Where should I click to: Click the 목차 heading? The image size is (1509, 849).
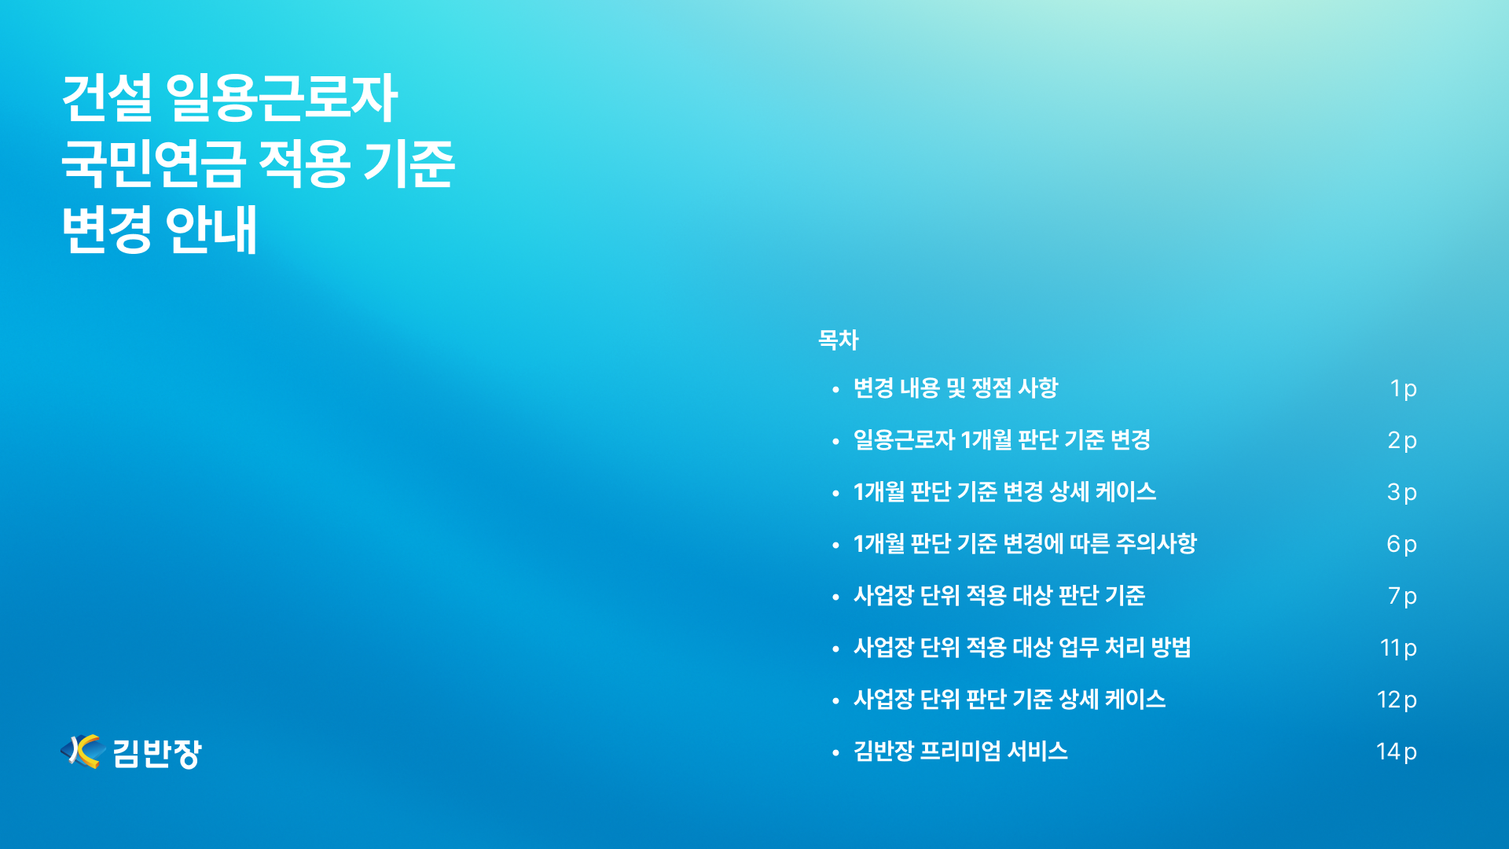[x=838, y=340]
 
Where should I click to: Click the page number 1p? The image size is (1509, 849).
[x=1403, y=388]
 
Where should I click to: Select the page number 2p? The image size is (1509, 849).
[x=1402, y=440]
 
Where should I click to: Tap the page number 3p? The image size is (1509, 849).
[x=1402, y=492]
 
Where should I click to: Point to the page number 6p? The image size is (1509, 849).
[x=1402, y=544]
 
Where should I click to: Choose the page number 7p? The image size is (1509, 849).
[x=1402, y=596]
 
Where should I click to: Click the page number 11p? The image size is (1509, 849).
[x=1398, y=648]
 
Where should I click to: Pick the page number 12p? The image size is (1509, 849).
[x=1397, y=700]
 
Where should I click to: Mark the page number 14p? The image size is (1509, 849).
[x=1397, y=752]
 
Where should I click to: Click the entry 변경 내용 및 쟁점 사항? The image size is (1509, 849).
[x=956, y=388]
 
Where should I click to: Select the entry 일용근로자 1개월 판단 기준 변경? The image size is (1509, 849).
[x=1002, y=439]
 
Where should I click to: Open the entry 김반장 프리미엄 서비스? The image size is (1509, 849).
[x=960, y=751]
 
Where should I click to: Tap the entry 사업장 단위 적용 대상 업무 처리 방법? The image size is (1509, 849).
[x=1023, y=647]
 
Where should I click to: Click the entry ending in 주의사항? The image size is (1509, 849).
[x=1025, y=543]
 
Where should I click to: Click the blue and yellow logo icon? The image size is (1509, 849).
[x=83, y=752]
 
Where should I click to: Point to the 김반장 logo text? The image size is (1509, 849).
[x=157, y=753]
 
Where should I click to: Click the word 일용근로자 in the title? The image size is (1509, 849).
[x=281, y=98]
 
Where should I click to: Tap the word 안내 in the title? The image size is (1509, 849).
[x=211, y=230]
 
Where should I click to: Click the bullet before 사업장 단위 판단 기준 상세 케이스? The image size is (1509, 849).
[x=835, y=700]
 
